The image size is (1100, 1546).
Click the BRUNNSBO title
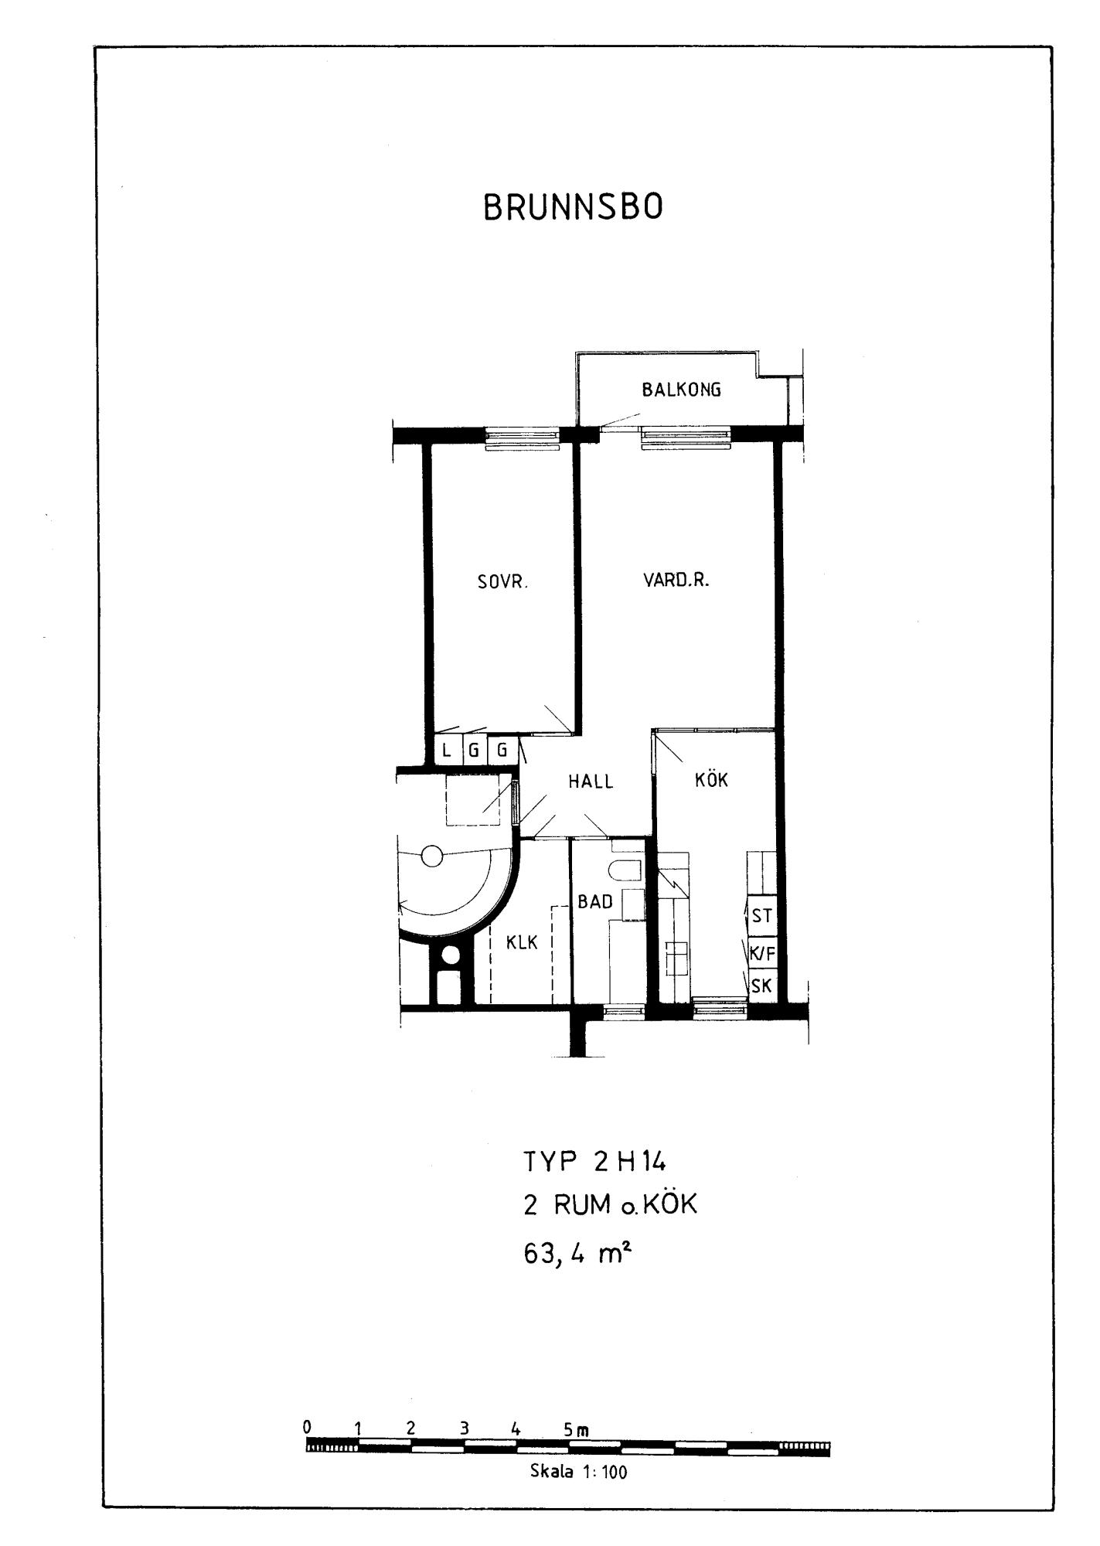(573, 208)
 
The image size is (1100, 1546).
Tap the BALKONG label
(681, 390)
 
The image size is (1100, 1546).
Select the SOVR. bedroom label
(502, 583)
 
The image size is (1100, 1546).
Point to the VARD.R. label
(676, 580)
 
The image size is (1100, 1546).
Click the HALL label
(591, 782)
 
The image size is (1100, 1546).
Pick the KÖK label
(712, 779)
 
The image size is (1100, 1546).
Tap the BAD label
(595, 902)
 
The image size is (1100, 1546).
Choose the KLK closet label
(522, 942)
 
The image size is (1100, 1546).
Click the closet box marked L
(447, 750)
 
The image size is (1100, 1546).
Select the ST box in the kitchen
(761, 916)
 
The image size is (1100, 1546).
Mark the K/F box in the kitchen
(761, 953)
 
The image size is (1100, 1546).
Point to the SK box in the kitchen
(761, 986)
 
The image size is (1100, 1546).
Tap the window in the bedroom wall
(522, 438)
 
